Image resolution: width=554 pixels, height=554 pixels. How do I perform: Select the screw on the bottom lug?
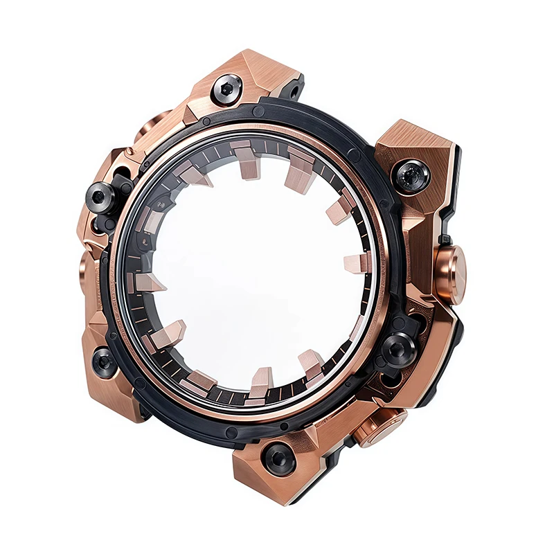pos(279,457)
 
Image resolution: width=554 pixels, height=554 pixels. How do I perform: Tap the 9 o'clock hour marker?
pos(148,283)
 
